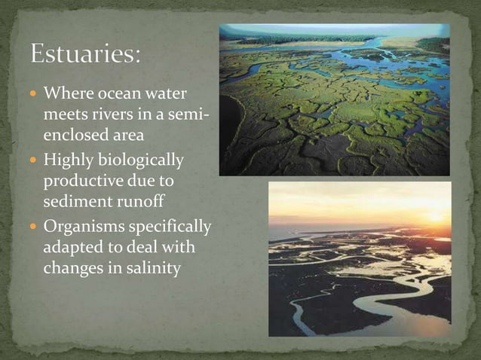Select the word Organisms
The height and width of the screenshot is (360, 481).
[84, 227]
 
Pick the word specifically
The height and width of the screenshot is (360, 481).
[170, 227]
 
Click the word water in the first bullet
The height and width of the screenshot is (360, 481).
[164, 96]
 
